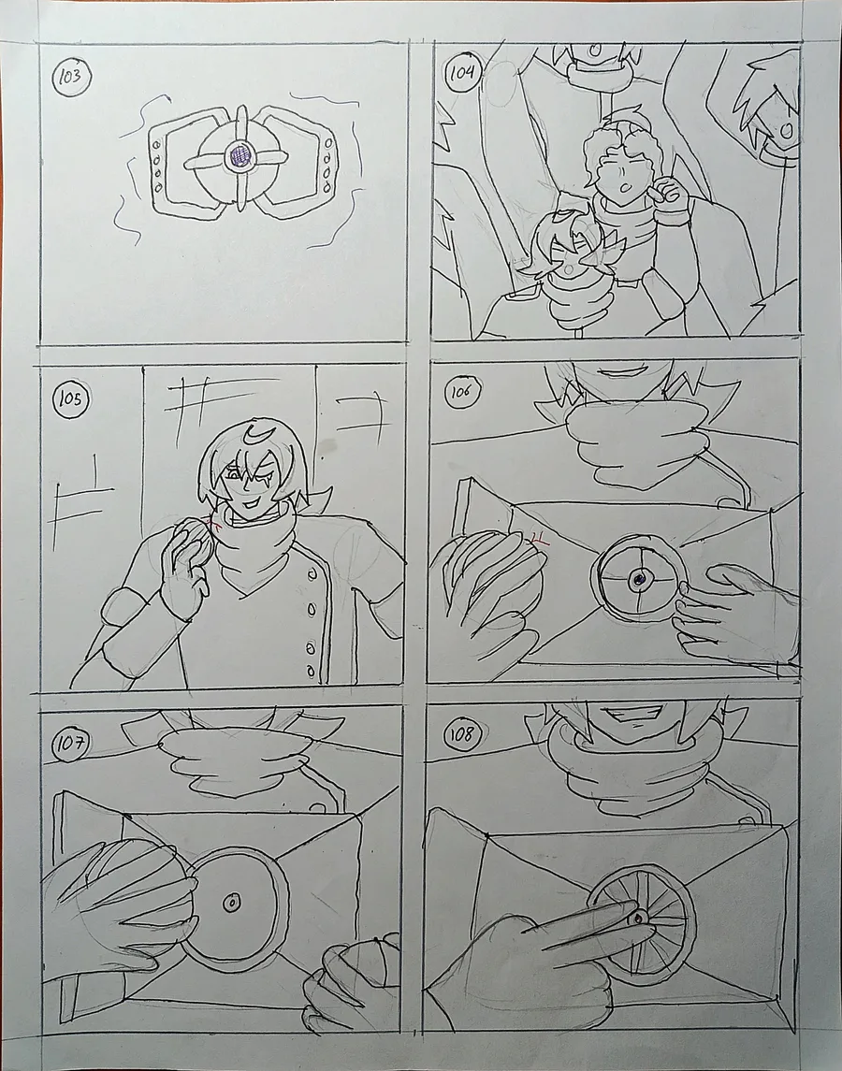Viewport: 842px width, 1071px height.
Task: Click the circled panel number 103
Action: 71,76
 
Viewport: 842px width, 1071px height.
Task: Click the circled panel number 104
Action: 463,72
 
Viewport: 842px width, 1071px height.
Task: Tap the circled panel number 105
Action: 71,398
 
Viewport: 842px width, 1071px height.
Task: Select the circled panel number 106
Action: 461,391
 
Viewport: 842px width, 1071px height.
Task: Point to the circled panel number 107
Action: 71,743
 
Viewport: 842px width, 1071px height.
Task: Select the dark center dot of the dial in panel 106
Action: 639,580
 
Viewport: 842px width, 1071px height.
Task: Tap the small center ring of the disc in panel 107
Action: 232,903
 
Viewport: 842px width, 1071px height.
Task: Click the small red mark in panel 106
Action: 539,541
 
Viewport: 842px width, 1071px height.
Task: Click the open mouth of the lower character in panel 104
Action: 569,268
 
